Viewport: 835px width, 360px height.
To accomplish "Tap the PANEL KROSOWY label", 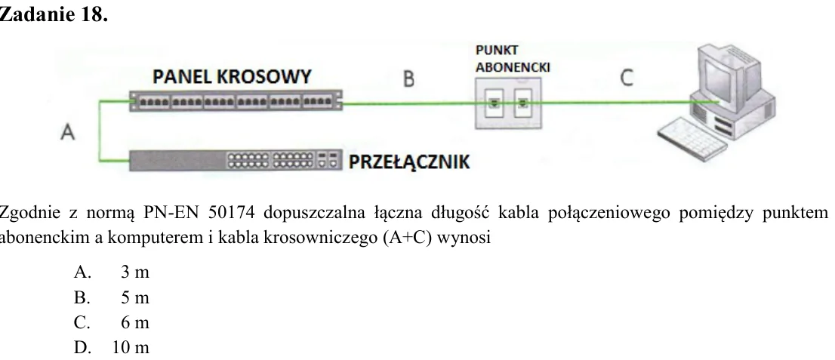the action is [x=232, y=77].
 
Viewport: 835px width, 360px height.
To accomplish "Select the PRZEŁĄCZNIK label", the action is [x=409, y=162].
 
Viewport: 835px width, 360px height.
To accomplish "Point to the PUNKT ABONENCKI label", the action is [x=513, y=59].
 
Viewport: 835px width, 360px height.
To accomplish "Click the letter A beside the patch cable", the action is [x=67, y=131].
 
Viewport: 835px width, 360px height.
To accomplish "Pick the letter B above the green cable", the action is [x=408, y=79].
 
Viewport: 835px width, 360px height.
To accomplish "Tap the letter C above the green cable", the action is [x=627, y=78].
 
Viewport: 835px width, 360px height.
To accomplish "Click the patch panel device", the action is [x=236, y=100].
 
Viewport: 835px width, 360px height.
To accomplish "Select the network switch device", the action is [x=236, y=160].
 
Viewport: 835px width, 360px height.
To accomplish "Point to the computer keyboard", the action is [x=691, y=137].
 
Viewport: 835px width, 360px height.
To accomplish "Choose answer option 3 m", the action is [x=112, y=272].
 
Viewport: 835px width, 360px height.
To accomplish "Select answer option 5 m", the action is [x=112, y=297].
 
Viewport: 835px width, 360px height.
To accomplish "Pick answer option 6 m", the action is [x=112, y=322].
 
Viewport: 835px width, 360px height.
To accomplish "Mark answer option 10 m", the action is [x=112, y=348].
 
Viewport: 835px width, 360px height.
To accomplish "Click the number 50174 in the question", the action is [x=229, y=213].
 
